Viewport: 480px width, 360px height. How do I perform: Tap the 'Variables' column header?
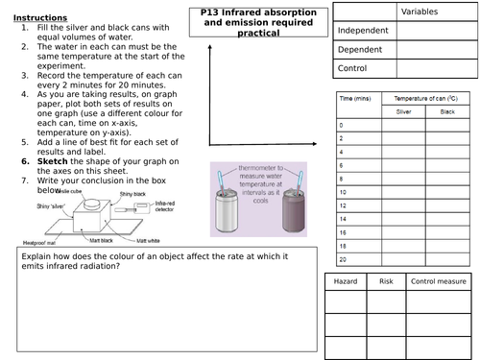424,12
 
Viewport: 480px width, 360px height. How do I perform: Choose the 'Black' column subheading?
446,112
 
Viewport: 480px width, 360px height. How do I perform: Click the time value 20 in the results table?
343,258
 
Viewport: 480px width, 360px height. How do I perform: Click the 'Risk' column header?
386,282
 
